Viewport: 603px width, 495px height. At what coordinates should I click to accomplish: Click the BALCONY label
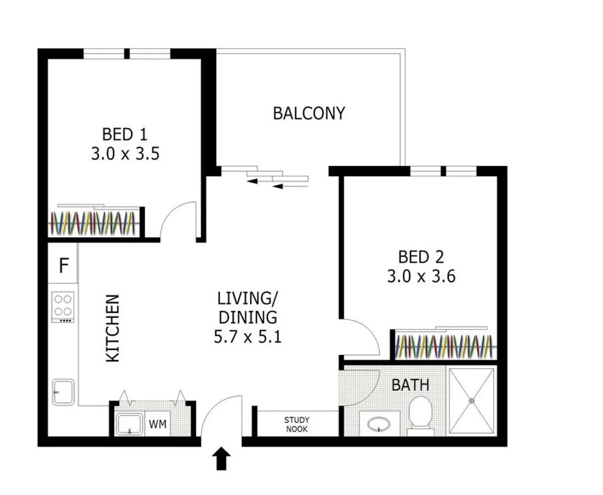(x=309, y=113)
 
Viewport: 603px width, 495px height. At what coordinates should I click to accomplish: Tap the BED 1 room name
(x=125, y=135)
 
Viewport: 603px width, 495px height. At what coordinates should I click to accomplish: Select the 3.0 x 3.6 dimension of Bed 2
(x=421, y=276)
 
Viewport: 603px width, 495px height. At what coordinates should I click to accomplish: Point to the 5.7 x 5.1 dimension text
(x=247, y=336)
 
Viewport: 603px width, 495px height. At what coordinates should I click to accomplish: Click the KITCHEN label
(x=113, y=328)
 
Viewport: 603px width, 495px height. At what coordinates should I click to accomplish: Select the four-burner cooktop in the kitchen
(x=63, y=306)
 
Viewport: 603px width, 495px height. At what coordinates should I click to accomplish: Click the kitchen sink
(x=63, y=392)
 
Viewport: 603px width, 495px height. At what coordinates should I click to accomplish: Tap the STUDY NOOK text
(x=296, y=425)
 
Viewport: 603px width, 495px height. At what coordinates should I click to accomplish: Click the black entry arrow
(x=222, y=459)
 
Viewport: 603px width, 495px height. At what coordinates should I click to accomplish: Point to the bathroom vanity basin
(x=379, y=425)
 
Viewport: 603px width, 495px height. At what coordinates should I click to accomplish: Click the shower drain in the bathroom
(x=471, y=401)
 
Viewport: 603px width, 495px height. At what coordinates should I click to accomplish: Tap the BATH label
(x=411, y=385)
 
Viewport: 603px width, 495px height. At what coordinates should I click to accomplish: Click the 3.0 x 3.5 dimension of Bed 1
(x=125, y=154)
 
